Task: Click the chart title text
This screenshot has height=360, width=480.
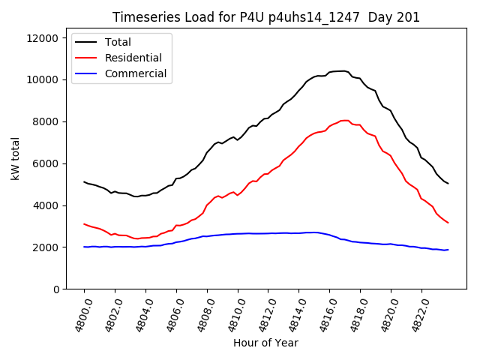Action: pos(266,17)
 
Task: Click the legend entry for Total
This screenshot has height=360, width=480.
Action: pos(118,42)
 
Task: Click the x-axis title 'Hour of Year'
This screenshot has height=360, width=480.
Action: pos(265,343)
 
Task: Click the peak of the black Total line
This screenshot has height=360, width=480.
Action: pos(343,70)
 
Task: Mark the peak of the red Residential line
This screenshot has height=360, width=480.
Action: pos(344,120)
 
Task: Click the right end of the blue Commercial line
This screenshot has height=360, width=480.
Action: pos(448,250)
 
